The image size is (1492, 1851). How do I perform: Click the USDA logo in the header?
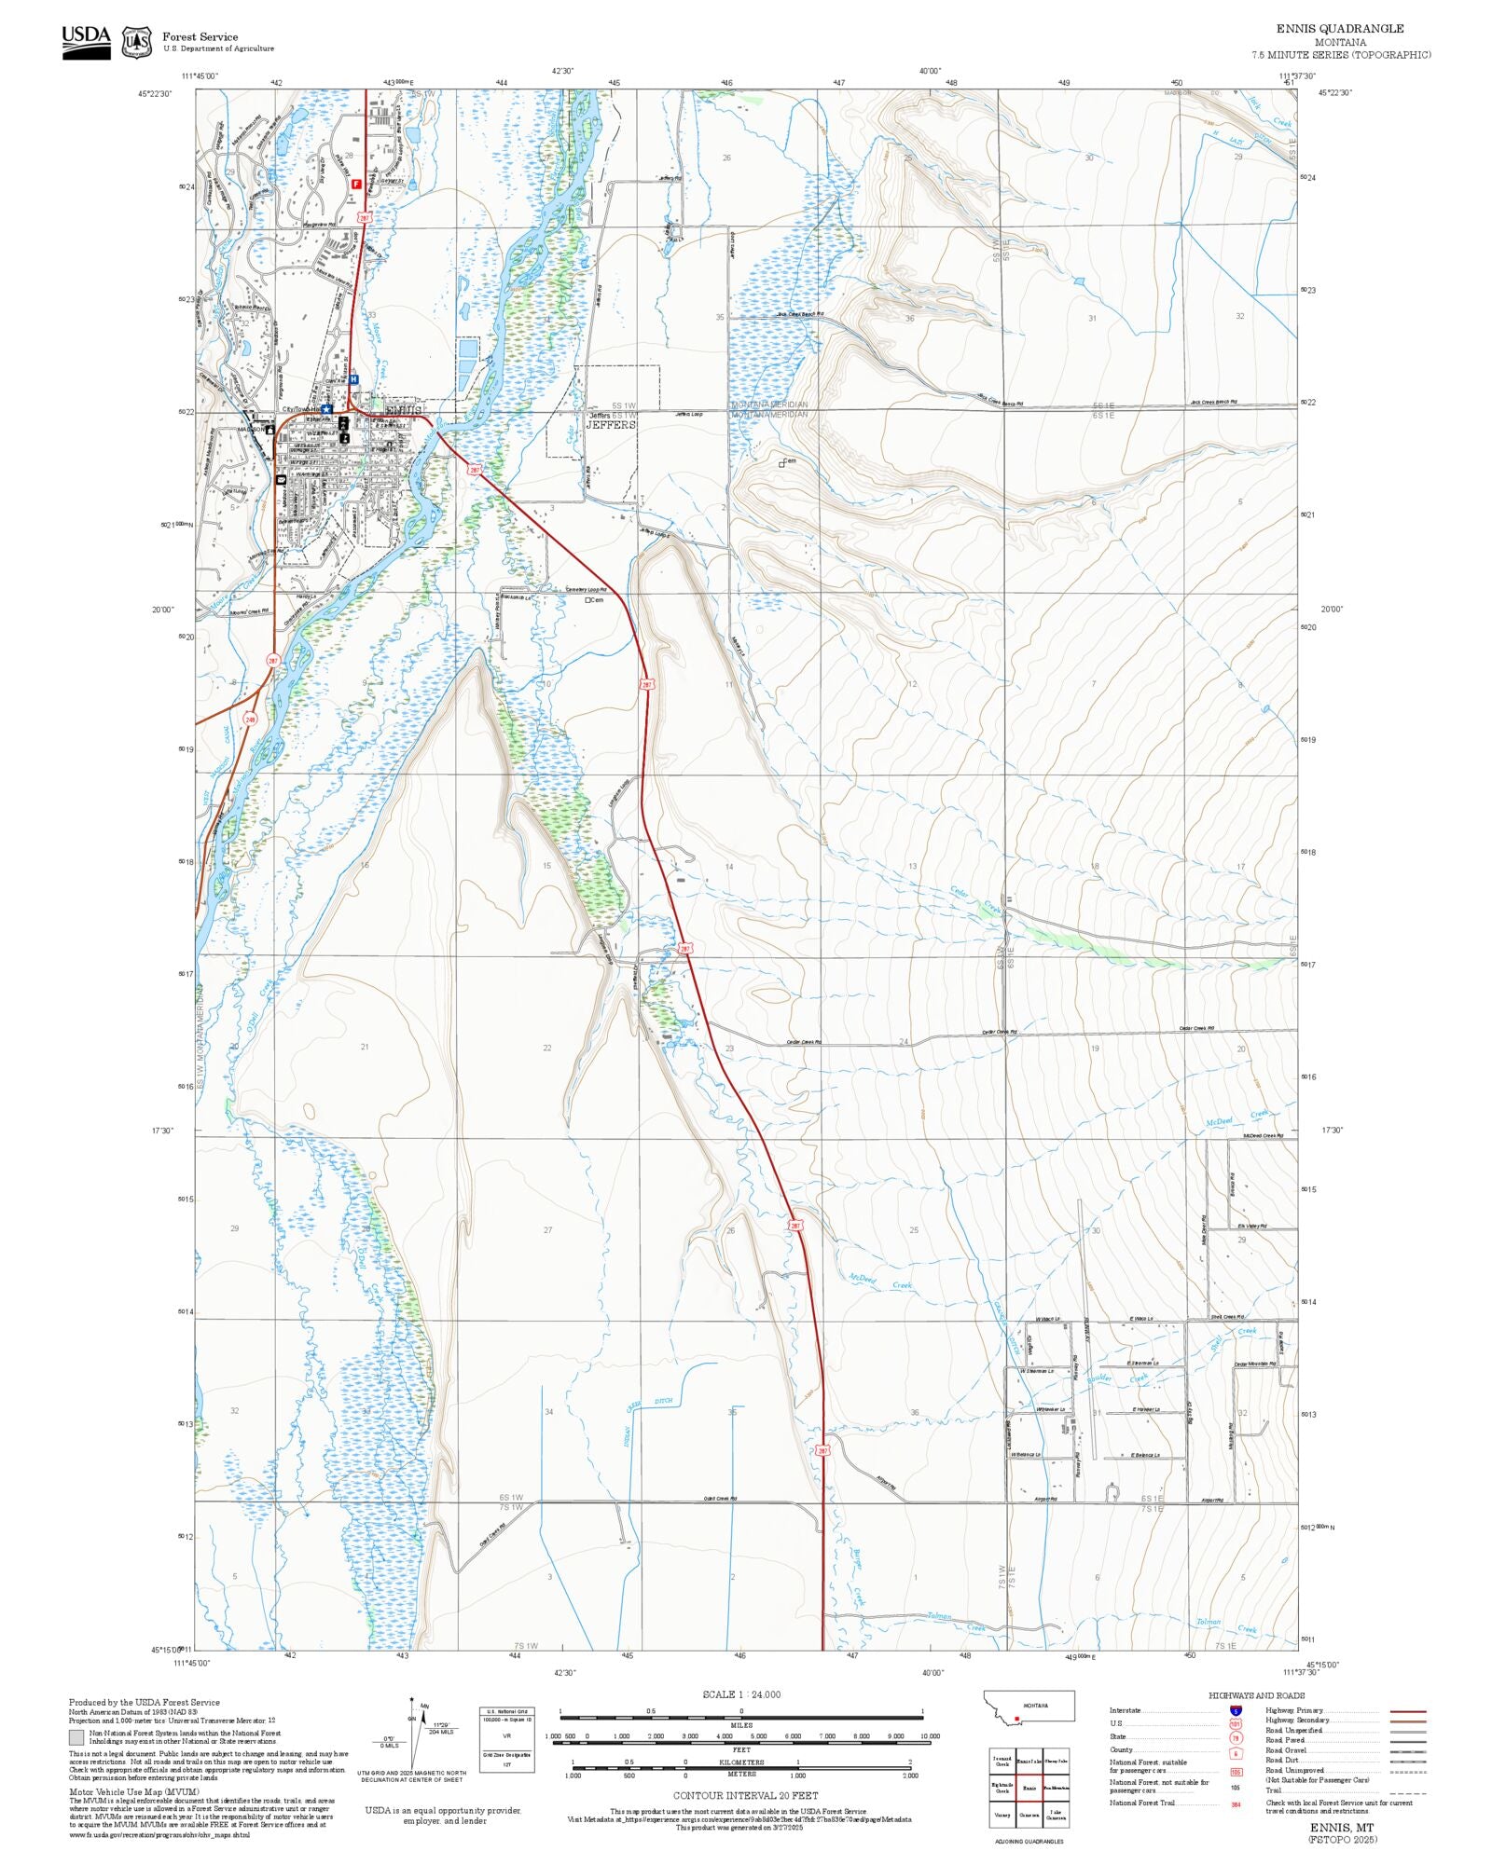(x=86, y=42)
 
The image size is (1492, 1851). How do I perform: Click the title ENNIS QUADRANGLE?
(x=1339, y=29)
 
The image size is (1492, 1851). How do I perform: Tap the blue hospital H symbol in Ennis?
(x=353, y=379)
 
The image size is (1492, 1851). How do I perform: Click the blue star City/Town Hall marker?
(x=326, y=408)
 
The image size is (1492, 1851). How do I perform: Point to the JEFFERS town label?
(x=611, y=424)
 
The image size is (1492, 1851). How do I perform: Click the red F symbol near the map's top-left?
(x=355, y=185)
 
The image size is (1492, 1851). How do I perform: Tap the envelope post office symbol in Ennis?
(x=281, y=479)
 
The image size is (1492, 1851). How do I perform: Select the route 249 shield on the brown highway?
(x=250, y=720)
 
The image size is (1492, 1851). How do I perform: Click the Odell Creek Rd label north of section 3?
(x=720, y=1499)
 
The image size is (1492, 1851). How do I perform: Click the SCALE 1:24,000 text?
(x=741, y=1693)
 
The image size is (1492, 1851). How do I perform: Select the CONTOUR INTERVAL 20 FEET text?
(x=745, y=1795)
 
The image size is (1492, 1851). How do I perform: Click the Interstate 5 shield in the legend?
(x=1236, y=1710)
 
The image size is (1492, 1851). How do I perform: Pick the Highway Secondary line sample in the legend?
(x=1407, y=1721)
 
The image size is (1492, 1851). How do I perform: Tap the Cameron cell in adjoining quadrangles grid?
(x=1029, y=1815)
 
